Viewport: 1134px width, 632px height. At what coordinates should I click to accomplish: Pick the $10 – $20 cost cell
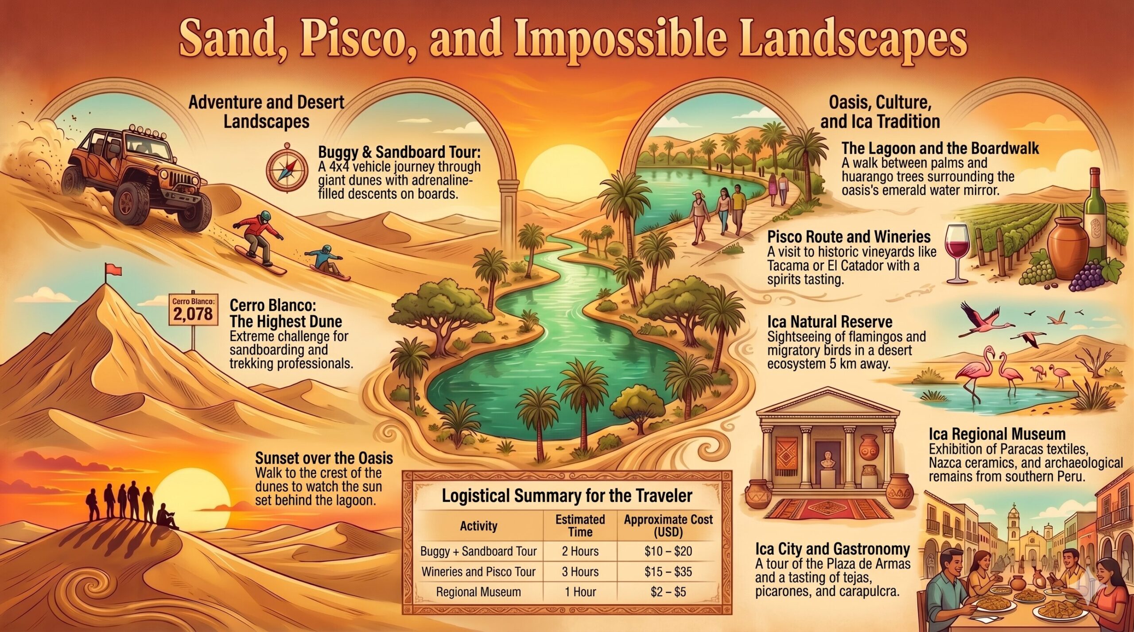click(x=668, y=551)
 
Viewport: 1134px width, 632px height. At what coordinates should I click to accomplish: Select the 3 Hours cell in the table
click(x=580, y=571)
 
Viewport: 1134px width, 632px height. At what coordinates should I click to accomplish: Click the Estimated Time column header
click(x=580, y=525)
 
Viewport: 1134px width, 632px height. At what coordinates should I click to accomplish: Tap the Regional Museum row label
click(x=478, y=592)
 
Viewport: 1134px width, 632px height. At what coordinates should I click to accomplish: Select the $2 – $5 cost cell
click(x=668, y=592)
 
